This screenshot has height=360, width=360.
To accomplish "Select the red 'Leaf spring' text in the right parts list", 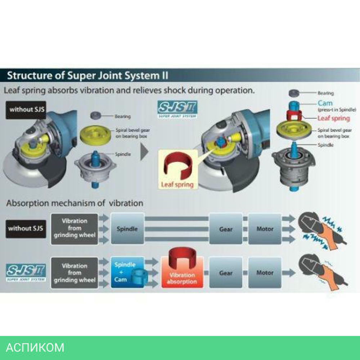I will (x=333, y=118).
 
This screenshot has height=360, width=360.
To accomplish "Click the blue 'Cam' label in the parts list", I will (x=325, y=103).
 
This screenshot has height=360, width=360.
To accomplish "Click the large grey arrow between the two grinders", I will (x=144, y=152).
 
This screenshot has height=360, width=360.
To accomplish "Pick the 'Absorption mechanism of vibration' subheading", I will (x=75, y=203).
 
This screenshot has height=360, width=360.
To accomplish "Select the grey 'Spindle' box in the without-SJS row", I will (x=127, y=229).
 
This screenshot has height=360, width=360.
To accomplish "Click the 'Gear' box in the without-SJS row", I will (x=226, y=229).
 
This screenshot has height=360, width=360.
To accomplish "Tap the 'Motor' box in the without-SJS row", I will (x=265, y=229).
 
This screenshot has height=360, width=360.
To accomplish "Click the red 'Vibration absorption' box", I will (x=182, y=274).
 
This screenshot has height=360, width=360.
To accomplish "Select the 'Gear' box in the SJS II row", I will (x=226, y=273).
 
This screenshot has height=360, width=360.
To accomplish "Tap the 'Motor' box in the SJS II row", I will (x=265, y=273).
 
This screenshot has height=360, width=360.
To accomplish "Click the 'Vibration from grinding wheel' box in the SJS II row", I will (x=75, y=273).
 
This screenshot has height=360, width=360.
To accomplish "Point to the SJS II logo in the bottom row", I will (x=26, y=272).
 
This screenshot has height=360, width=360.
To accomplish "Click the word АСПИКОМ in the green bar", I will (x=35, y=348).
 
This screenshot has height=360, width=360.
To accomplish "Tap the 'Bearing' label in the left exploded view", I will (x=122, y=117).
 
